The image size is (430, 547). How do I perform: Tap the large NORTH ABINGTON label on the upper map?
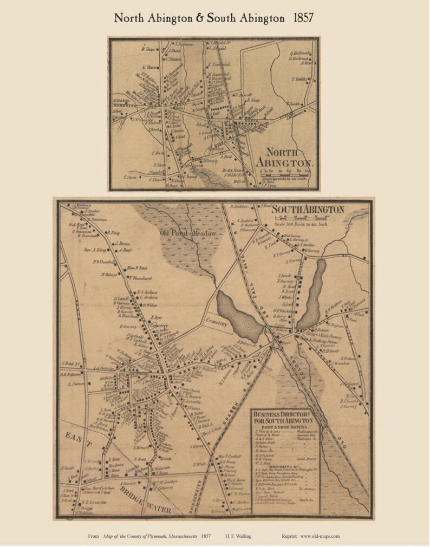[x=286, y=157]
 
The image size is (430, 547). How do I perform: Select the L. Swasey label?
[x=77, y=384]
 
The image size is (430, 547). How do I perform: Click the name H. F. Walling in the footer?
[x=240, y=536]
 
